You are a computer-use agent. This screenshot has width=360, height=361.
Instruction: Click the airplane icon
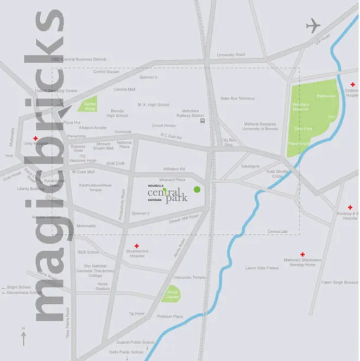pos(313,25)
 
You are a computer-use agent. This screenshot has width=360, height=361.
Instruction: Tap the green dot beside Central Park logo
pos(197,189)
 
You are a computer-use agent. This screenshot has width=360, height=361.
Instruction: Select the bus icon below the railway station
pos(203,122)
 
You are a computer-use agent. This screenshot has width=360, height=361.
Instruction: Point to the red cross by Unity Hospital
pos(35,139)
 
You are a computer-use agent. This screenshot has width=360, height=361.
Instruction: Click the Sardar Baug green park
pos(87,106)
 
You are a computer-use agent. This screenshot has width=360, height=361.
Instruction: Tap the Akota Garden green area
pos(173,294)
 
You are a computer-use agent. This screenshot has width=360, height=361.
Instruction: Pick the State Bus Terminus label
pos(237,98)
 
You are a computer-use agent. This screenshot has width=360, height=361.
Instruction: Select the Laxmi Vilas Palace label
pos(262,268)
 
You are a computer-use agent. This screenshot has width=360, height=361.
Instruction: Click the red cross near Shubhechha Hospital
pos(136,246)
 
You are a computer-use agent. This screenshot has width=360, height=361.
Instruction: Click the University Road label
pos(231,55)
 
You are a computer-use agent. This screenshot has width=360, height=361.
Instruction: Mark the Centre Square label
pos(106,72)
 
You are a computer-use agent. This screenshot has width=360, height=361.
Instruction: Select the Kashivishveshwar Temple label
pos(96,188)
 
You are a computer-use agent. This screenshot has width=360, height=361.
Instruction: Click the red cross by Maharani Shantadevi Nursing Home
pos(302,254)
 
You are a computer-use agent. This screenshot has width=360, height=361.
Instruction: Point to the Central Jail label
pos(277,232)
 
